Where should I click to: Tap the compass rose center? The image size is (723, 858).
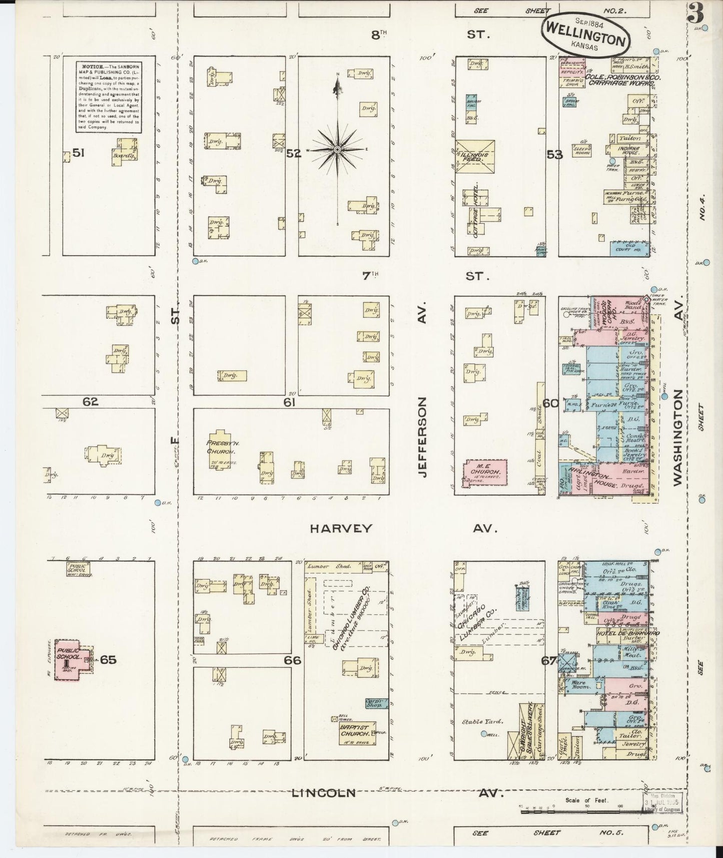[x=337, y=150]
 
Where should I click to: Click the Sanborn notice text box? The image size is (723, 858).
[x=108, y=97]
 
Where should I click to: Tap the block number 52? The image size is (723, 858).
[x=293, y=154]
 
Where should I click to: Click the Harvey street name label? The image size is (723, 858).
[x=341, y=528]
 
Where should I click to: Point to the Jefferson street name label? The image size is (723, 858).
[x=423, y=437]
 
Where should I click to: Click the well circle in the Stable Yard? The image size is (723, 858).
[x=484, y=734]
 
